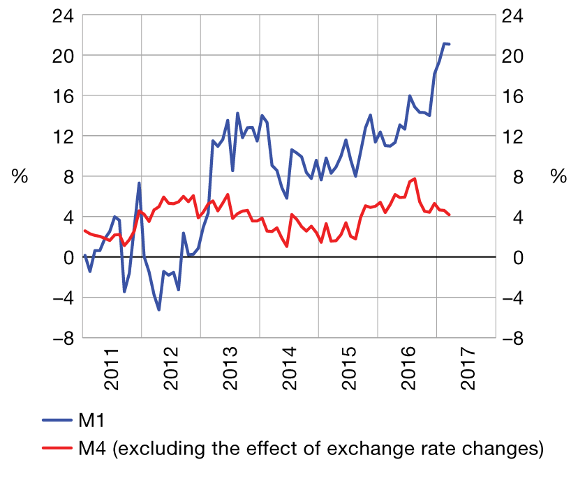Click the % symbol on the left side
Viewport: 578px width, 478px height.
click(20, 177)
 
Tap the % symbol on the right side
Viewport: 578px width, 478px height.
click(558, 177)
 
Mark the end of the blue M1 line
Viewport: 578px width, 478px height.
click(449, 44)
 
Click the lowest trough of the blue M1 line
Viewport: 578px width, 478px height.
click(159, 309)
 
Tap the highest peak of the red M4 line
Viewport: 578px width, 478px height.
click(415, 178)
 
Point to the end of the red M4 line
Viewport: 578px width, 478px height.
click(449, 215)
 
